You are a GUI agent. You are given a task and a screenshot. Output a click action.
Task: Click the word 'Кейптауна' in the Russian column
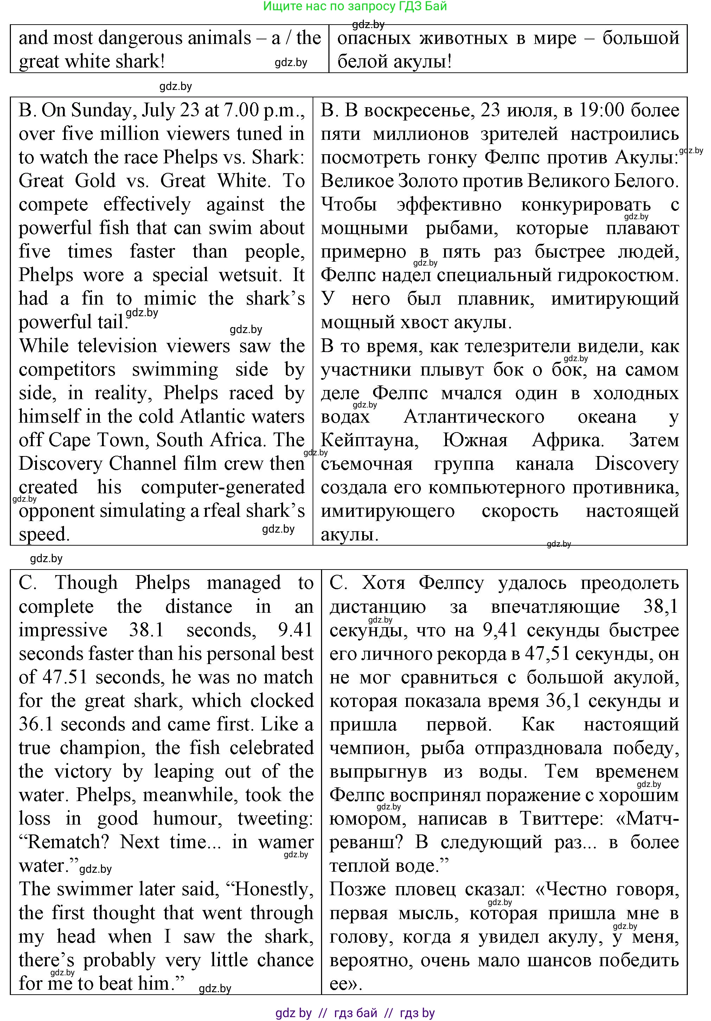click(369, 440)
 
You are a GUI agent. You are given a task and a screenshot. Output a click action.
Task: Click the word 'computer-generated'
click(223, 487)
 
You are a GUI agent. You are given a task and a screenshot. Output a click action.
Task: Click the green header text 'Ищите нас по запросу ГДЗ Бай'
click(355, 6)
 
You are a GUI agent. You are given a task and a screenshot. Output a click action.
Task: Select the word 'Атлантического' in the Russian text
click(474, 417)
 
